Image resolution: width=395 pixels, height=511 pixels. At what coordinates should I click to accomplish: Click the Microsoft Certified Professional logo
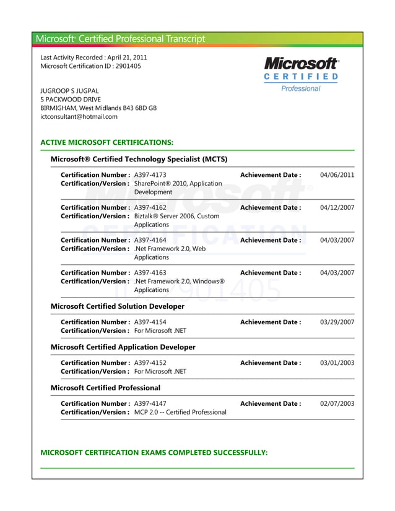tap(302, 74)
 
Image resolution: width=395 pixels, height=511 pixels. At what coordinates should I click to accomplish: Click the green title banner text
tap(120, 39)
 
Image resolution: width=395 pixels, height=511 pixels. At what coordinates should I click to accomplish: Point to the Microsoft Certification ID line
tap(90, 66)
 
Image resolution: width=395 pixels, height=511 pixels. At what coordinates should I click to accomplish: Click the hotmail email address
tap(79, 116)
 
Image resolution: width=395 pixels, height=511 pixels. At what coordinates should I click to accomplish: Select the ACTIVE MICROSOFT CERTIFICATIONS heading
tap(106, 142)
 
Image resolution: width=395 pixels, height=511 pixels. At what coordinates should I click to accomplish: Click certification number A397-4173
tap(150, 175)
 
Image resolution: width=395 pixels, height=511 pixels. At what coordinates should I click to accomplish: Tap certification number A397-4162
tap(150, 208)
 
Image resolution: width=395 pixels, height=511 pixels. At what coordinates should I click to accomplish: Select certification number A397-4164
tap(150, 240)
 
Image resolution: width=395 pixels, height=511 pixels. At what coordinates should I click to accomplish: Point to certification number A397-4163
tap(150, 273)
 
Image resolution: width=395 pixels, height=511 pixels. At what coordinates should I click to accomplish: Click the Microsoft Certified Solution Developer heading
tap(117, 306)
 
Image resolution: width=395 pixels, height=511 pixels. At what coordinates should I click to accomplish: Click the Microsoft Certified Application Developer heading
tap(123, 347)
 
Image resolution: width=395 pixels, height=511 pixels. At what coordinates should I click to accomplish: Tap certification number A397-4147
tap(150, 404)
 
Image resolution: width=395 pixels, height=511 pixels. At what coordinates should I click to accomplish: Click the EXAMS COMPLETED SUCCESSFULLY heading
tap(154, 453)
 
